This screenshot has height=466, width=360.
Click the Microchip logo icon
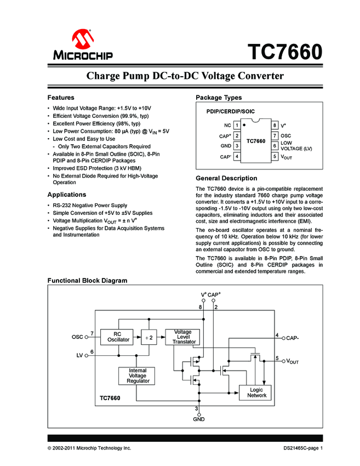click(82, 39)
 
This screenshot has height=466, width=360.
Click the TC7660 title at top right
click(284, 53)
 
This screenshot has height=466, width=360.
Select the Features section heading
click(61, 98)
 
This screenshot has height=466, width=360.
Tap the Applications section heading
click(67, 195)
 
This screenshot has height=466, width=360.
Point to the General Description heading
click(226, 178)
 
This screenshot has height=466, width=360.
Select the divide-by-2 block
click(148, 338)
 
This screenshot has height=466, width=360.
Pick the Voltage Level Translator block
click(182, 337)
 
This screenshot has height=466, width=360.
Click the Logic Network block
click(256, 393)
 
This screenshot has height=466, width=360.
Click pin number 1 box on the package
click(237, 125)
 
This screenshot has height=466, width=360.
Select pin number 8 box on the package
click(274, 125)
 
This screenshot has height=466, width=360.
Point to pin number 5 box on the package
click(274, 157)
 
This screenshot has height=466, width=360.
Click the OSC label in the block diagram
click(77, 337)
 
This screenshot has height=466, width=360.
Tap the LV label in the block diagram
click(79, 355)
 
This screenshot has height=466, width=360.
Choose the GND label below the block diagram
click(198, 419)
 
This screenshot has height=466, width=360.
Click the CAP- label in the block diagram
click(293, 338)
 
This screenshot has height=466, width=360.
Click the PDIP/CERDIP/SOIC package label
click(230, 111)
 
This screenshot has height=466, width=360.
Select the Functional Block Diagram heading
click(87, 281)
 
